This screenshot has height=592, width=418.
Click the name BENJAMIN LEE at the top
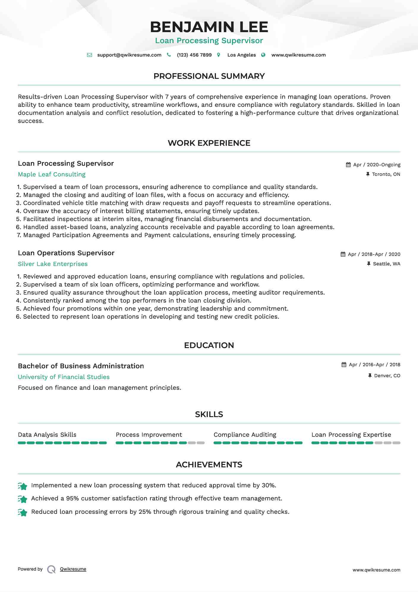point(209,27)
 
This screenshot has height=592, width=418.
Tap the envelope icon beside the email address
point(89,55)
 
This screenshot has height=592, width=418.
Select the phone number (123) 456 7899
point(194,55)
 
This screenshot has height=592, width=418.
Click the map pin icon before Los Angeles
point(219,55)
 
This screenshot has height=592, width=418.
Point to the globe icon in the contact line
point(263,55)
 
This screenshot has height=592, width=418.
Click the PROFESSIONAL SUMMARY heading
point(209,76)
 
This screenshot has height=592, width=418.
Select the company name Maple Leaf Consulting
point(52,175)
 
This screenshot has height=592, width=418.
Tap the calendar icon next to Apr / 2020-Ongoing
point(348,165)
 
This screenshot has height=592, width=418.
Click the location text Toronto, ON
point(386,174)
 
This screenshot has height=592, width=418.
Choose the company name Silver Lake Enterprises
point(53,264)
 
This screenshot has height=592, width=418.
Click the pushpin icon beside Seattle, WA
point(369,264)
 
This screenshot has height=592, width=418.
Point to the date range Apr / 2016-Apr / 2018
point(374,365)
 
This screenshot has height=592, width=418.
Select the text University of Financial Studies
point(64,377)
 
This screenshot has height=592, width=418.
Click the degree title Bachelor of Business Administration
point(81,366)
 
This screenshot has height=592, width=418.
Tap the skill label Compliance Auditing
point(245,435)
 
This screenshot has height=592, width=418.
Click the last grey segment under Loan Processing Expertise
point(396,443)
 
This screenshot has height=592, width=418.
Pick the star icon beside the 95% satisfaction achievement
point(23,499)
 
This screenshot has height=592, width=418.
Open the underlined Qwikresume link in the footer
point(73,569)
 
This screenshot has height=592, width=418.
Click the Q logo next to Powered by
point(51,569)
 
